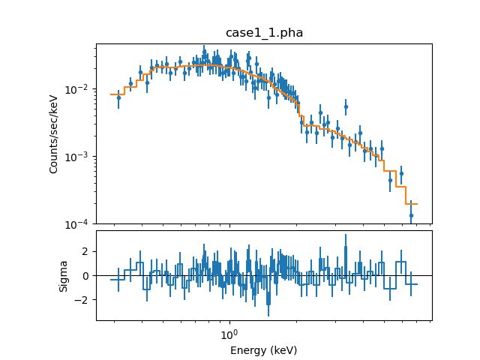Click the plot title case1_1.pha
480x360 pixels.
[x=264, y=33]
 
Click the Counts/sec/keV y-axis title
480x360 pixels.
[x=54, y=133]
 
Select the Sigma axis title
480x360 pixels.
[x=64, y=275]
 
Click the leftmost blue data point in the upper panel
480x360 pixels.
[x=118, y=97]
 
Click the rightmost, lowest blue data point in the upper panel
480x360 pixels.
[x=411, y=215]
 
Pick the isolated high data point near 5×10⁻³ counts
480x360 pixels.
[x=346, y=106]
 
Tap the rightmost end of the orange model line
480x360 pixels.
[x=417, y=204]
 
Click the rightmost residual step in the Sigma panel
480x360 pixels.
[x=412, y=284]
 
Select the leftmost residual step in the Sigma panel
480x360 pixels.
[x=117, y=280]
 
